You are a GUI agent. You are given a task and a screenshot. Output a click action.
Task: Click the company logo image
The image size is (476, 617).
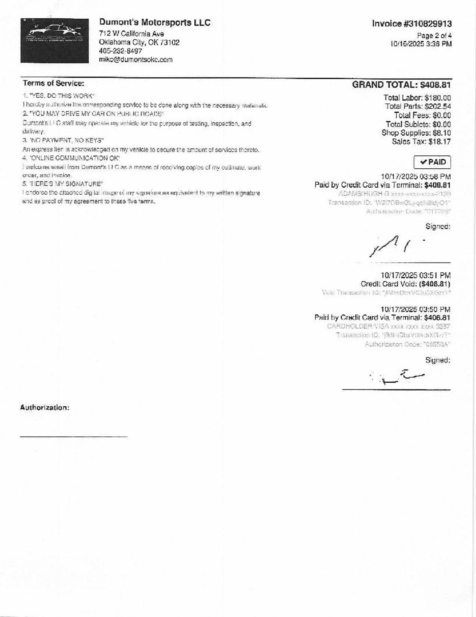pyautogui.click(x=55, y=41)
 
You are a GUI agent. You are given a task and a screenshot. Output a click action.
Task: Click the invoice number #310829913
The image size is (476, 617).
pyautogui.click(x=412, y=24)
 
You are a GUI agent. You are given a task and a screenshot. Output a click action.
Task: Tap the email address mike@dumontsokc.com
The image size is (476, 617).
pyautogui.click(x=135, y=60)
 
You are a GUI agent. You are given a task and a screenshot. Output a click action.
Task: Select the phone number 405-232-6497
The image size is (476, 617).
pyautogui.click(x=120, y=51)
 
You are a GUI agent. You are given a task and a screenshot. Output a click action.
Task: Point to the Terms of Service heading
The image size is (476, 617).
pyautogui.click(x=54, y=83)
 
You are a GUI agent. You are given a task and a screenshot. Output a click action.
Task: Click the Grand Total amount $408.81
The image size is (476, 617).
pyautogui.click(x=435, y=85)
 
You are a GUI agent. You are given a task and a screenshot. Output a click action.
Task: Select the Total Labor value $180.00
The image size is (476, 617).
pyautogui.click(x=438, y=98)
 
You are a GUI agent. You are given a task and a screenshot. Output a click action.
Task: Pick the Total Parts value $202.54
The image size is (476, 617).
pyautogui.click(x=438, y=107)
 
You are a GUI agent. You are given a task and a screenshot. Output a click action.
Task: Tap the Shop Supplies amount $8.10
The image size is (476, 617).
pyautogui.click(x=441, y=133)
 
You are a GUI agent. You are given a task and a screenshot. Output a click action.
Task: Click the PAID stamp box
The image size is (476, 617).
pyautogui.click(x=432, y=162)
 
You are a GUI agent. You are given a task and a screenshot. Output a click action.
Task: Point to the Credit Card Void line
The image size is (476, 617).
pyautogui.click(x=405, y=284)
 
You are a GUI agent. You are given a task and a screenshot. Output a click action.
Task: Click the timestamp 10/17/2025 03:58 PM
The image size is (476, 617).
pyautogui.click(x=416, y=177)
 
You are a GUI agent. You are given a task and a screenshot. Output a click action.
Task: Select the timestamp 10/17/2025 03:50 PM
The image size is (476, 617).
pyautogui.click(x=415, y=309)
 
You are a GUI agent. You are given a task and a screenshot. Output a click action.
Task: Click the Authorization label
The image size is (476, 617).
pyautogui.click(x=45, y=407)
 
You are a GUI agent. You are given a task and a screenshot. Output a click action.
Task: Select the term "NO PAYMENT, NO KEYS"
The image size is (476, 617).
pyautogui.click(x=63, y=140)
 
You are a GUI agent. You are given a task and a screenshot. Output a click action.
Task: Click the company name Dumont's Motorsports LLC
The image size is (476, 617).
pyautogui.click(x=155, y=23)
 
